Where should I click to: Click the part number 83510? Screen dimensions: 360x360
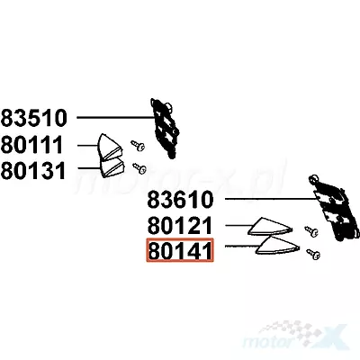33,118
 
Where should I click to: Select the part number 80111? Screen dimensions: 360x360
31,145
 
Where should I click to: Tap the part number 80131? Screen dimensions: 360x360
33,171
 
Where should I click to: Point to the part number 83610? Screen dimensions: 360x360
180,200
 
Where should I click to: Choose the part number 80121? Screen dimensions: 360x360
180,226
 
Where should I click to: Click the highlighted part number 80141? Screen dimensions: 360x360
180,250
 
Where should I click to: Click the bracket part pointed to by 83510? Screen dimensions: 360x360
165,128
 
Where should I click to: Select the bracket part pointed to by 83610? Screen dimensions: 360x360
334,208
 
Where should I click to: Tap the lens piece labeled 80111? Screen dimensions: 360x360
110,148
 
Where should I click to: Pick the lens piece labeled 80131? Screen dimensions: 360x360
112,167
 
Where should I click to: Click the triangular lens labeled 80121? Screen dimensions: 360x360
270,226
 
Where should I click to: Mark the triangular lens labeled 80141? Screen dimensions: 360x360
277,245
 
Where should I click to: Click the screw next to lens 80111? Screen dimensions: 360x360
138,146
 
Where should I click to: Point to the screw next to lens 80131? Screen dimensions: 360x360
139,168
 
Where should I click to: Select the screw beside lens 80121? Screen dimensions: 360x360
311,231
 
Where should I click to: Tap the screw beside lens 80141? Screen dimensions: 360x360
313,254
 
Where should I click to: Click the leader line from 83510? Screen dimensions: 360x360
115,118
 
